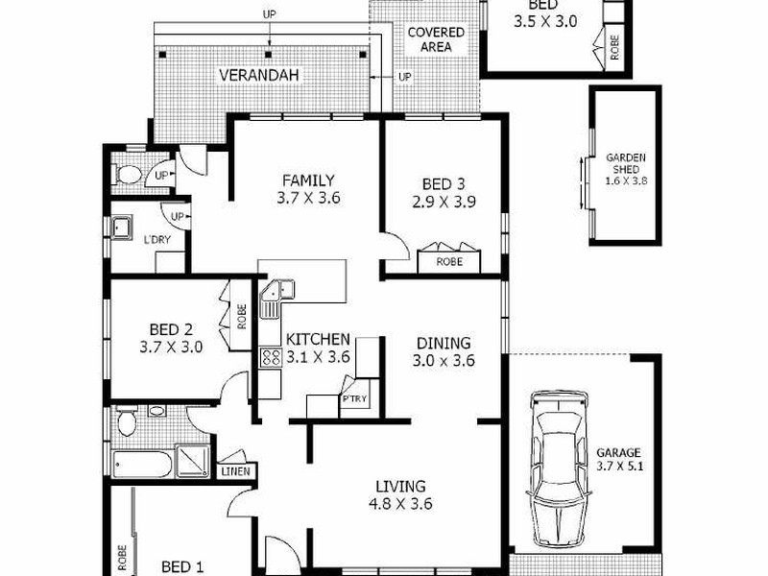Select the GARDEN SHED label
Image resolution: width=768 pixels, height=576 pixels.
[625, 168]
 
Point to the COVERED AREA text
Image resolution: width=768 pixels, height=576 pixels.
[436, 39]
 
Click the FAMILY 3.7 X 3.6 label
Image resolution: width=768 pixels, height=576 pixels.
[307, 189]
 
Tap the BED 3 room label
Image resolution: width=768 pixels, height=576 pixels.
[444, 193]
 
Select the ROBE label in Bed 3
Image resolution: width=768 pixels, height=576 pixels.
[449, 260]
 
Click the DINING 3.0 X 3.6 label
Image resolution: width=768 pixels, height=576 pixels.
[443, 351]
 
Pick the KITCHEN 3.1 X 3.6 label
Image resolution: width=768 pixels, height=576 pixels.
[317, 348]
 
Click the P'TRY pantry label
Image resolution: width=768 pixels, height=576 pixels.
[353, 399]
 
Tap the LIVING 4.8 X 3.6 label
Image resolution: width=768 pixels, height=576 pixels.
[401, 494]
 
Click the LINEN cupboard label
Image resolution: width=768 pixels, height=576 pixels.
[235, 471]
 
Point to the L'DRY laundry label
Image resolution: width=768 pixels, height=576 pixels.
[156, 239]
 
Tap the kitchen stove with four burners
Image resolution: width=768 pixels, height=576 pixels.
[269, 357]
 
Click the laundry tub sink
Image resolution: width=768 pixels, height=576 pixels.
[121, 228]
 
